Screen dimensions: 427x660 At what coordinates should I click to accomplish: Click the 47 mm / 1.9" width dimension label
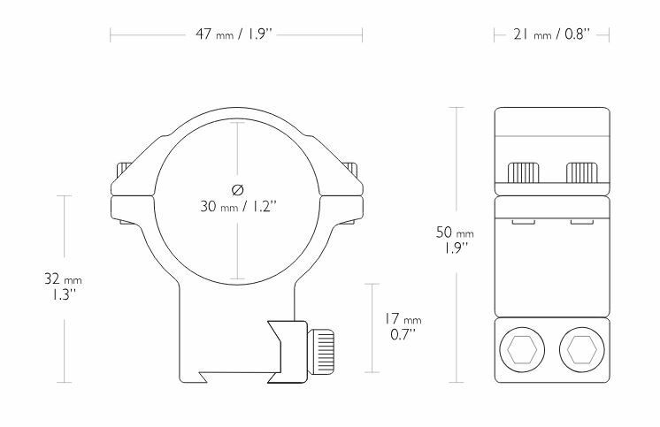pos(235,36)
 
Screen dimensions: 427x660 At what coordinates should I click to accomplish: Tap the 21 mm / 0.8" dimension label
pos(551,36)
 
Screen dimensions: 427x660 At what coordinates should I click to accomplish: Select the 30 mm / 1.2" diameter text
pos(237,209)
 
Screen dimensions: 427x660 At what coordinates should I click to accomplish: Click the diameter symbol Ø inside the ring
pos(236,188)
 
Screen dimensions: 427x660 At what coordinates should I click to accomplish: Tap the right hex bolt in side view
pos(581,350)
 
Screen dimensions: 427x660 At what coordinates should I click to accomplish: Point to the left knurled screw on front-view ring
pos(122,170)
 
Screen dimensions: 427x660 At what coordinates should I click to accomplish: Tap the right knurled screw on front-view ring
pos(354,170)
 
